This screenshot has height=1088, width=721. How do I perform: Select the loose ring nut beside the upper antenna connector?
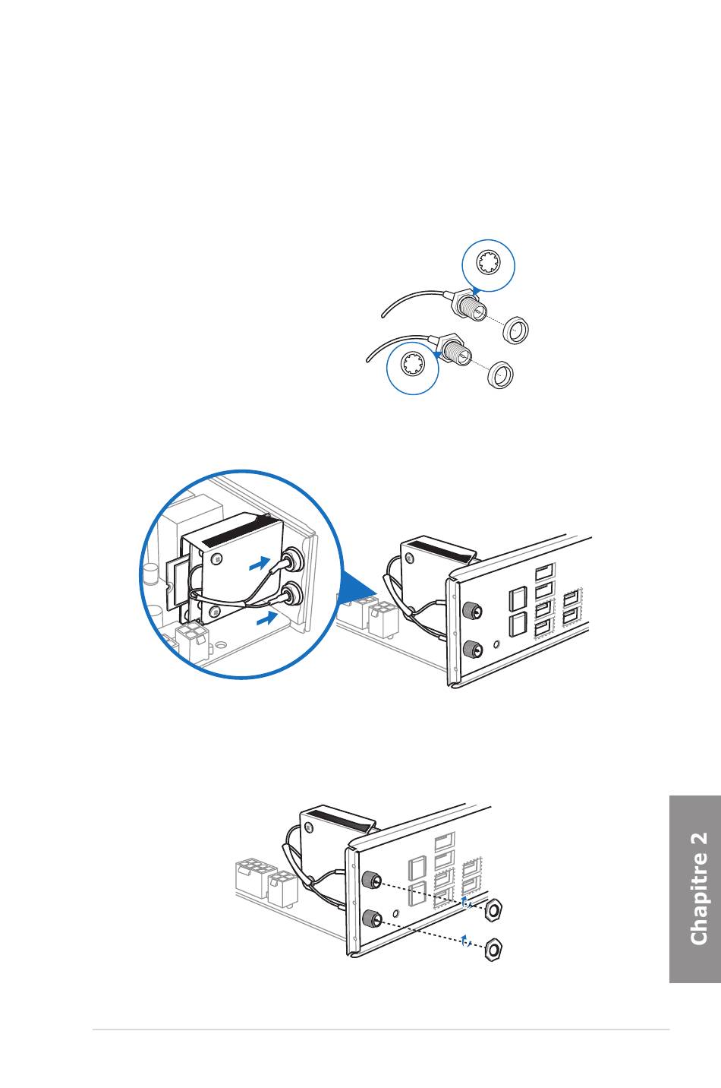pos(515,330)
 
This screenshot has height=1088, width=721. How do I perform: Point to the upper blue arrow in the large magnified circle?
pos(259,565)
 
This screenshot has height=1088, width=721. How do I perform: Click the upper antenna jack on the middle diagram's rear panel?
pos(472,611)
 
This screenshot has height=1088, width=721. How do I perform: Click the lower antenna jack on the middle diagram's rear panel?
pos(472,649)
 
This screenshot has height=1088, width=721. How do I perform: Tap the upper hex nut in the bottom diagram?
pos(494,908)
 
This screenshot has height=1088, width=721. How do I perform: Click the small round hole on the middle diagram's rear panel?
pos(496,644)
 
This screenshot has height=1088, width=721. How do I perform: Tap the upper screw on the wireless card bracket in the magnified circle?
pos(217,560)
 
